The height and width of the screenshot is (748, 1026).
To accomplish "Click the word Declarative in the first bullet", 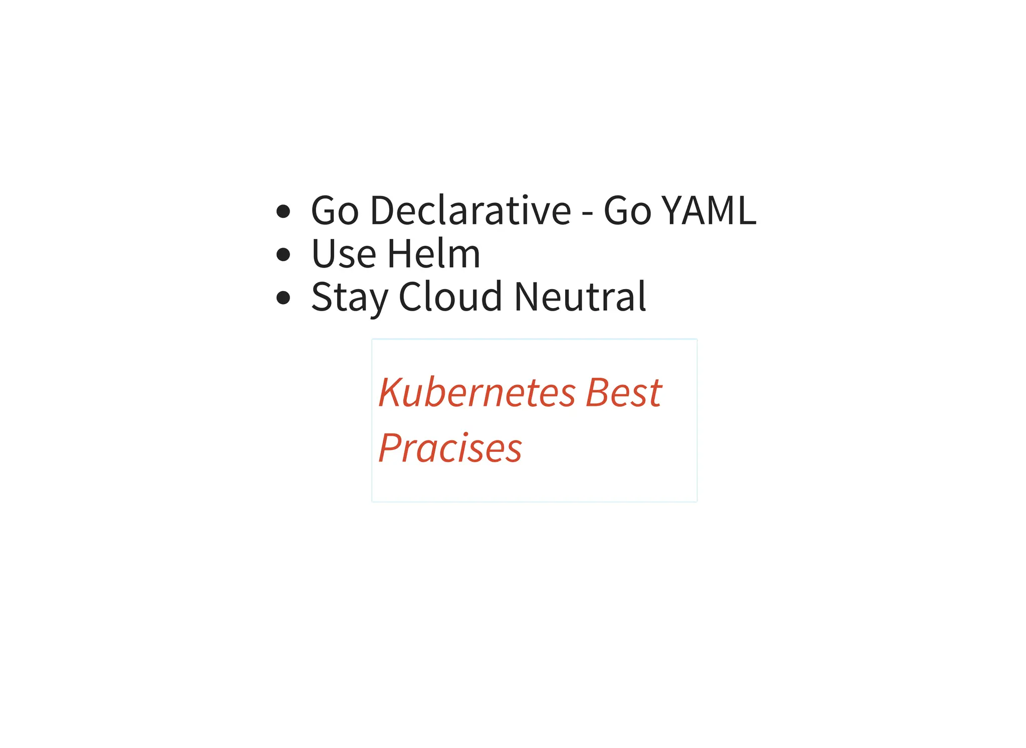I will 470,210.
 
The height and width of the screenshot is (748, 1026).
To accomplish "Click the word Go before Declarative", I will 335,210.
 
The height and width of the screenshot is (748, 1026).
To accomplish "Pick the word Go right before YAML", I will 627,210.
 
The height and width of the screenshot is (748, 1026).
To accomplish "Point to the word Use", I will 344,254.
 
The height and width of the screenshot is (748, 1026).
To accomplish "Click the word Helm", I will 434,254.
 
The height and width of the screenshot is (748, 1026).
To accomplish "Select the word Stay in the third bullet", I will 350,298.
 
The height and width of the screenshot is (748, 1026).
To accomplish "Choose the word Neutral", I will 580,297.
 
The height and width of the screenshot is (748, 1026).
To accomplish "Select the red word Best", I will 624,392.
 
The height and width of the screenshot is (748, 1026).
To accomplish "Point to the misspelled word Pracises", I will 450,448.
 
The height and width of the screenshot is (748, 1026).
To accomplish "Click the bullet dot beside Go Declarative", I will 284,211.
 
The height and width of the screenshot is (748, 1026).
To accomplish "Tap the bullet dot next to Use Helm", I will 284,255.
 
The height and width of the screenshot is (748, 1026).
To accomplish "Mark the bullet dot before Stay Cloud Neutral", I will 284,298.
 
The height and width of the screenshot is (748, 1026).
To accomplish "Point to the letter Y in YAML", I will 672,210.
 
